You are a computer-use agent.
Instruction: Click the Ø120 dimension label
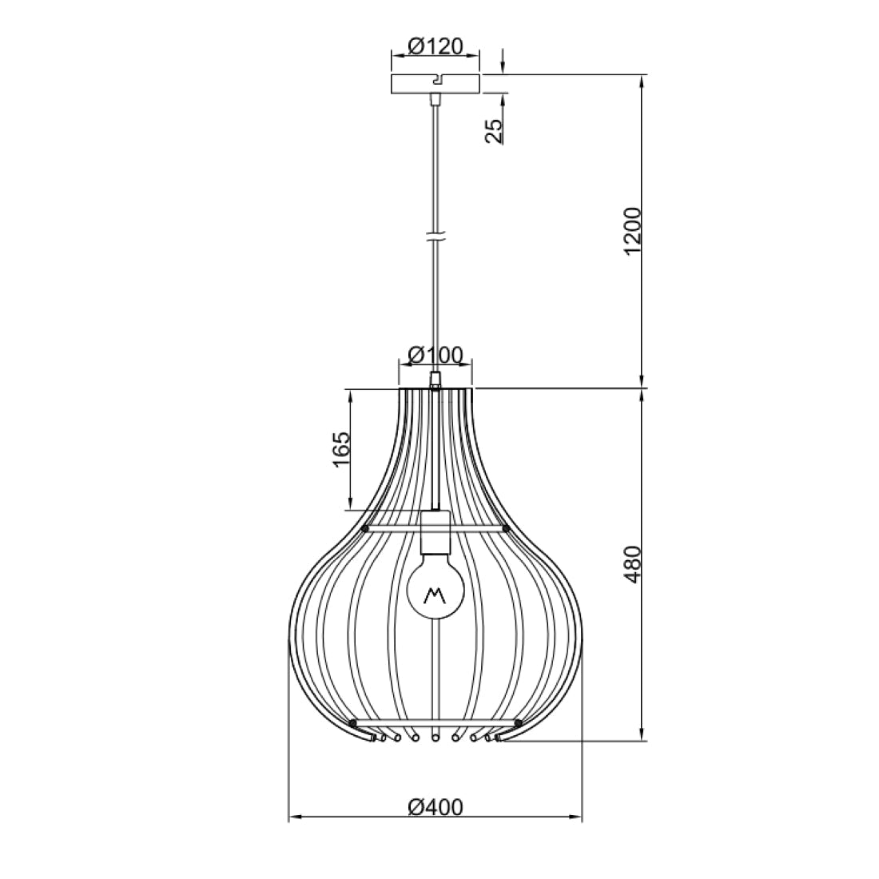[x=435, y=46]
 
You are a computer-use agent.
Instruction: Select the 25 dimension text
[x=495, y=130]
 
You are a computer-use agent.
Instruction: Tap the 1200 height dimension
[x=632, y=232]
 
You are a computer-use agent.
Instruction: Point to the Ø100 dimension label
[x=435, y=355]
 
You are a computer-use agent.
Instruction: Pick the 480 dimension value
[x=632, y=564]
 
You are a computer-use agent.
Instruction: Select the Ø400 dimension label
[x=435, y=807]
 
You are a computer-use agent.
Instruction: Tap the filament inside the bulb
[x=435, y=595]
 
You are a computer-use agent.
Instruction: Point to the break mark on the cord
[x=435, y=237]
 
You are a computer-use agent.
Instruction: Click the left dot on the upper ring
[x=365, y=529]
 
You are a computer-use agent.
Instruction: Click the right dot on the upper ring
[x=506, y=529]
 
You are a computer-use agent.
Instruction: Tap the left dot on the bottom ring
[x=352, y=723]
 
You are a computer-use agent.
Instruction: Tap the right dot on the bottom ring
[x=518, y=723]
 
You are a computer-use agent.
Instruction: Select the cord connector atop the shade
[x=435, y=379]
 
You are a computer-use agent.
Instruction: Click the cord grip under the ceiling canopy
[x=435, y=100]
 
